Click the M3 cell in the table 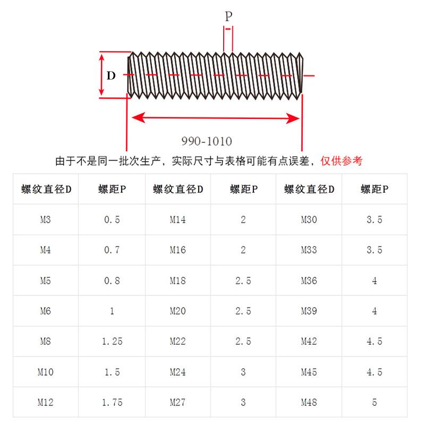(x=45, y=219)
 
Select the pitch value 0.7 (x=112, y=250)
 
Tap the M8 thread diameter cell (x=45, y=341)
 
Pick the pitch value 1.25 (x=112, y=341)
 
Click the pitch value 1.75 (x=112, y=402)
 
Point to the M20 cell (x=178, y=311)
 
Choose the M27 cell (x=178, y=402)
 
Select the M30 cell (x=309, y=219)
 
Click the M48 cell (x=309, y=402)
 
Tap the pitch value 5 (x=375, y=402)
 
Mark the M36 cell (x=309, y=280)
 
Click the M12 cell (x=45, y=402)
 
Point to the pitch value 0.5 (x=112, y=219)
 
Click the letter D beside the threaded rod (x=110, y=75)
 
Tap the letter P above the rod (x=228, y=16)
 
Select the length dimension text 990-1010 (x=207, y=141)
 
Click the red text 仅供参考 (x=342, y=160)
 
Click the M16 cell (x=178, y=250)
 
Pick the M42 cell (x=309, y=341)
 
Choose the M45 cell (x=309, y=372)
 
